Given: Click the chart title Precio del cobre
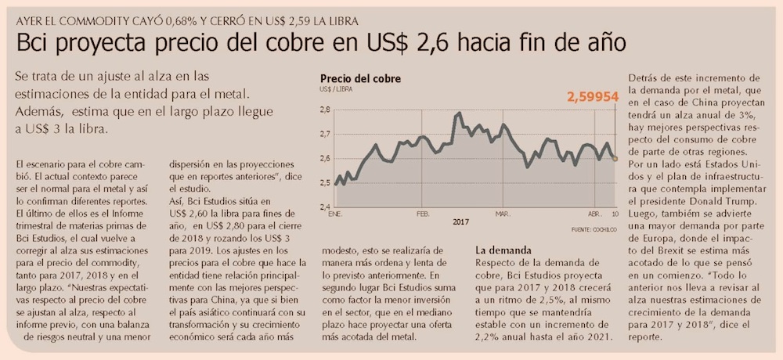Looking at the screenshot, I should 360,78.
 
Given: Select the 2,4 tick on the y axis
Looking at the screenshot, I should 325,207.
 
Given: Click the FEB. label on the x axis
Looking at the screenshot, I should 423,214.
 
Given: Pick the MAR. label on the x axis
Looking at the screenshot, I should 502,214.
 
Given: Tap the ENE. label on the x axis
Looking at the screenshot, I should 335,214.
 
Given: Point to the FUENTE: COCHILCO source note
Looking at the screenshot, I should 593,229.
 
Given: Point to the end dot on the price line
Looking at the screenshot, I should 615,159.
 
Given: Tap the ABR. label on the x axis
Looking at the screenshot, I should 594,214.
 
